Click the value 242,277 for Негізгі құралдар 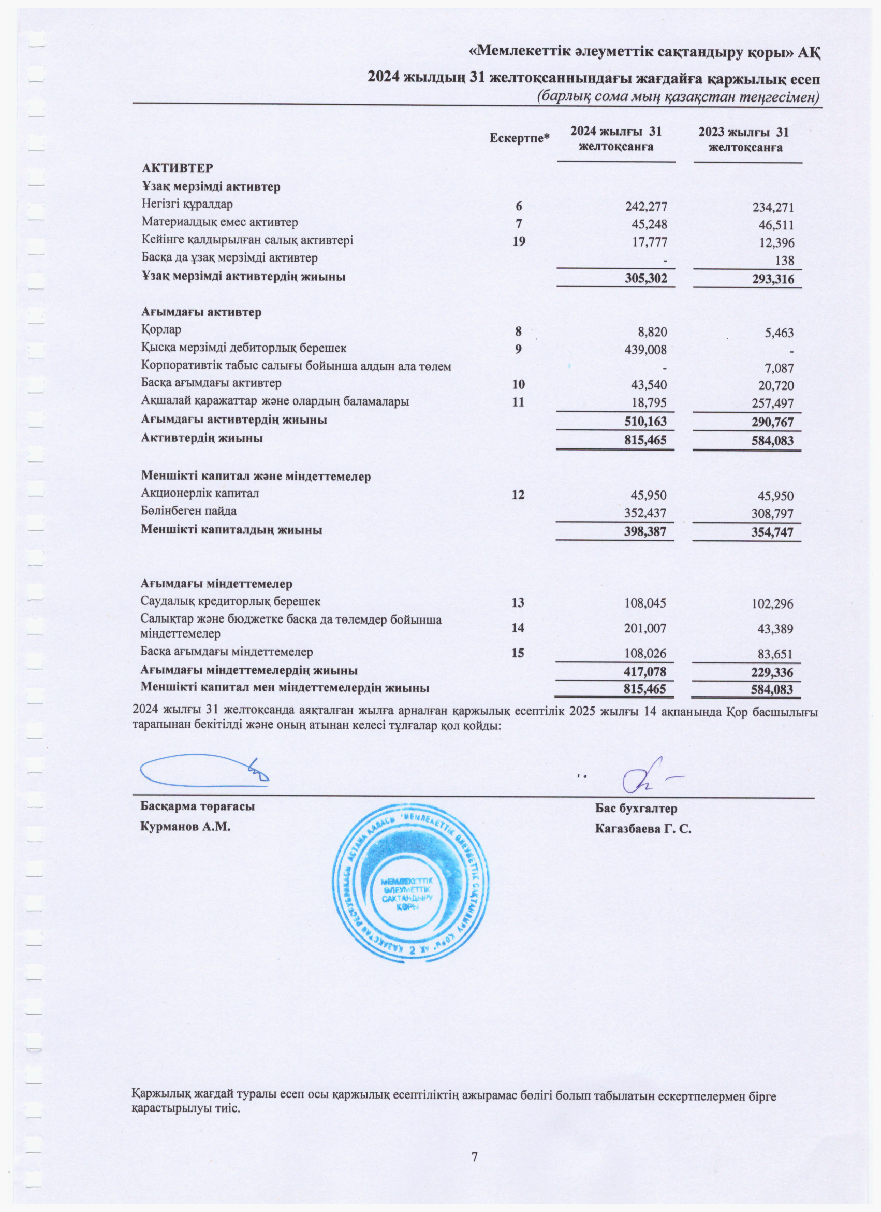(x=645, y=206)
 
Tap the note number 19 (x=518, y=241)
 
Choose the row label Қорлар (x=161, y=330)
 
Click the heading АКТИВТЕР (x=177, y=168)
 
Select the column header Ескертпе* (x=520, y=138)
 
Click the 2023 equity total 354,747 (x=772, y=532)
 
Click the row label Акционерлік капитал (x=200, y=493)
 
